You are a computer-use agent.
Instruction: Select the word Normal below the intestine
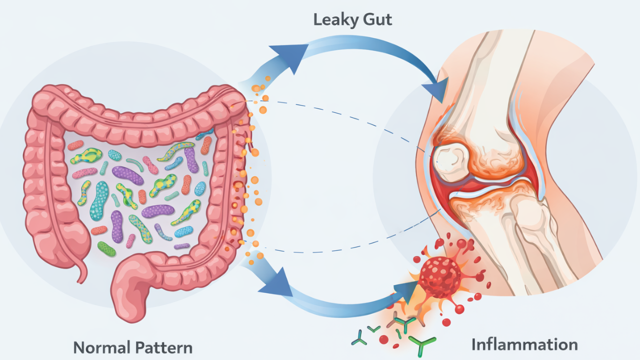click(x=102, y=347)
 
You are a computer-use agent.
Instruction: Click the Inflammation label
click(x=524, y=344)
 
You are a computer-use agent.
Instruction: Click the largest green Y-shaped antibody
click(x=421, y=344)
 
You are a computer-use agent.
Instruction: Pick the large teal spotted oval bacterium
click(x=99, y=200)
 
